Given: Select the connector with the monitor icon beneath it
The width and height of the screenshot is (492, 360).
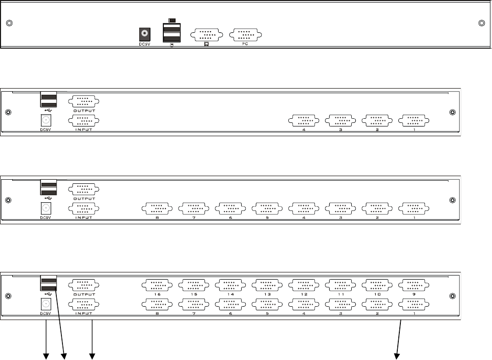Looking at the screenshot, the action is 206,35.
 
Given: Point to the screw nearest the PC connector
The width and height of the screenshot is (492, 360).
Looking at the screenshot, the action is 481,24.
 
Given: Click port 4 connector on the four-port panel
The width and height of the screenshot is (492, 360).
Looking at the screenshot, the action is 304,120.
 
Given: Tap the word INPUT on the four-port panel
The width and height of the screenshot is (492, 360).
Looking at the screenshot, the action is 83,130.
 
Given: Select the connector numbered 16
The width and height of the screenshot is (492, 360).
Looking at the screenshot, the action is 157,285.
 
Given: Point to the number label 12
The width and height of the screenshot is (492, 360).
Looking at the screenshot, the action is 304,294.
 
